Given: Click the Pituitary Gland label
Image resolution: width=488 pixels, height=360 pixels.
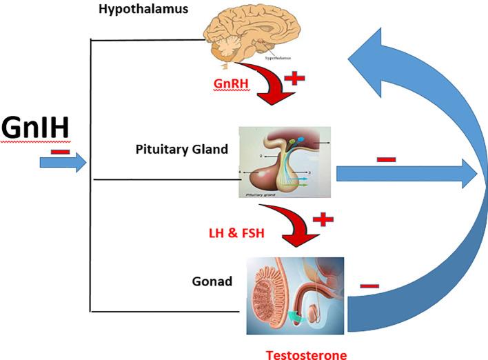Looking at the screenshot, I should pyautogui.click(x=182, y=149).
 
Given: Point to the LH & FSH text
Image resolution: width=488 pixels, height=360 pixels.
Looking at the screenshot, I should pyautogui.click(x=236, y=234).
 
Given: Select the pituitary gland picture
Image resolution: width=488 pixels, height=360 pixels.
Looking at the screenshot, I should pyautogui.click(x=285, y=163).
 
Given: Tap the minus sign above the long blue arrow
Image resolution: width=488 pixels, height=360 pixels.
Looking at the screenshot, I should pyautogui.click(x=386, y=159).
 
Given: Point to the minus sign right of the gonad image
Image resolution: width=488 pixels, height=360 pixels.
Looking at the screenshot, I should pyautogui.click(x=369, y=285).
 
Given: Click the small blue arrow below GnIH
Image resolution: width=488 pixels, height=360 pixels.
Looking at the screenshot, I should pyautogui.click(x=62, y=163).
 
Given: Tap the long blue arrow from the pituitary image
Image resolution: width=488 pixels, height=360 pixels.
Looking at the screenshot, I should pyautogui.click(x=407, y=175).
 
